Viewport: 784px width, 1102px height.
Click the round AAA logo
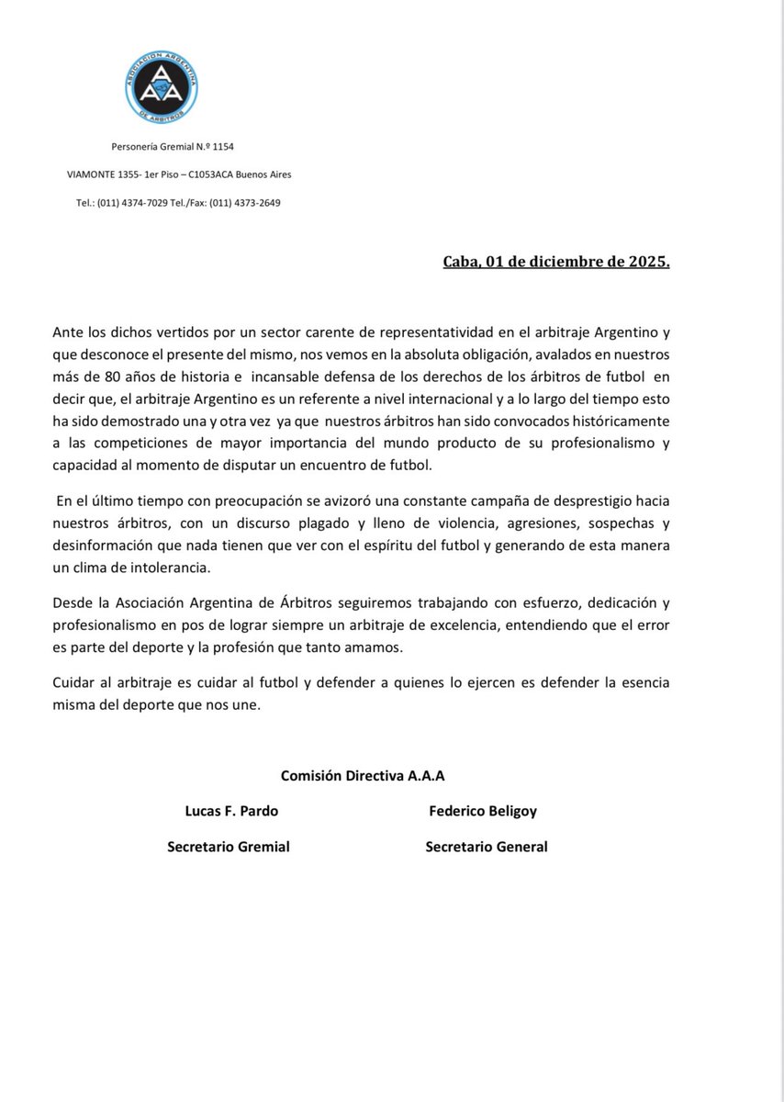click(x=160, y=85)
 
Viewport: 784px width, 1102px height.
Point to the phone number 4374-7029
click(x=140, y=202)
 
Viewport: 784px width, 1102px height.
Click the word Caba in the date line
click(x=462, y=261)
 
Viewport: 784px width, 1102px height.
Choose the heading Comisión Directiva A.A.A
click(x=363, y=776)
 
